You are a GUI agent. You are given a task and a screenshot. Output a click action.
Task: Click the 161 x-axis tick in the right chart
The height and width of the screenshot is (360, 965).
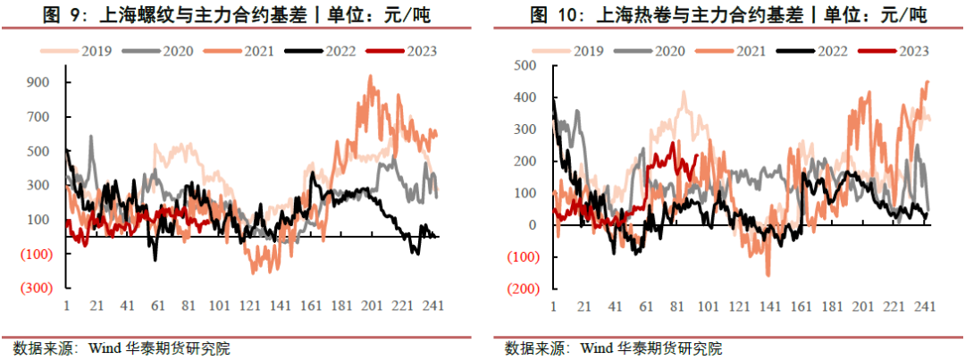tap(801, 306)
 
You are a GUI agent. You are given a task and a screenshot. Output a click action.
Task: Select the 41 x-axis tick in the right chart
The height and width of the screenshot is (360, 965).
tap(616, 306)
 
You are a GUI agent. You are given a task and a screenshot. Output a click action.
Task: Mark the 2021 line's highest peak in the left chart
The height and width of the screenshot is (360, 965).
tap(370, 77)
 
